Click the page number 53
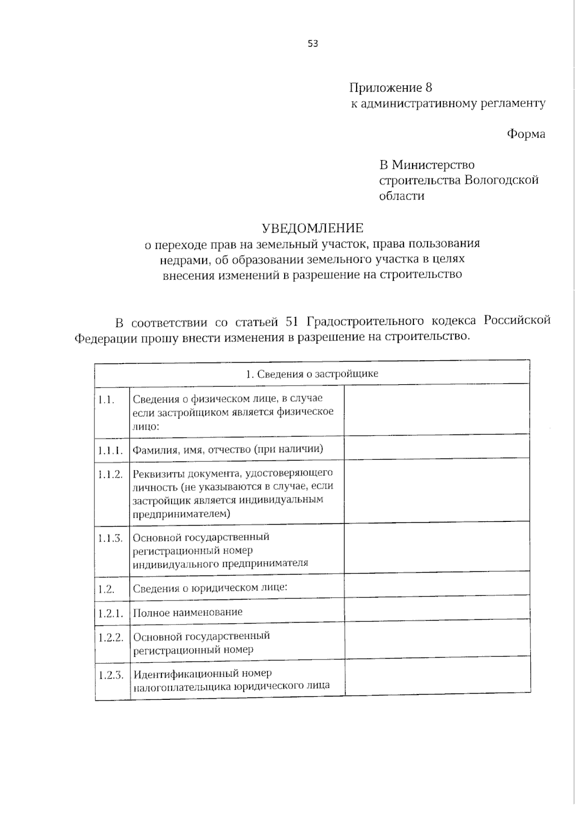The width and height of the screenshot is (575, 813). click(x=313, y=44)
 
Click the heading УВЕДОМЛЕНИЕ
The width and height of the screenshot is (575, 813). click(x=312, y=227)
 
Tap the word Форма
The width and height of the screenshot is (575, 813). click(x=526, y=134)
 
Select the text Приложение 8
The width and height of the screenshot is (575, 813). click(x=391, y=88)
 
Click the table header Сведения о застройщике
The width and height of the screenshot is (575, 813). click(x=311, y=374)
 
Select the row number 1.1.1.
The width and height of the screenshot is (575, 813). click(x=111, y=450)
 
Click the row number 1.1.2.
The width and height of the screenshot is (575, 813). click(x=111, y=474)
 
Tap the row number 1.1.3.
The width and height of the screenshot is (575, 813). click(x=111, y=538)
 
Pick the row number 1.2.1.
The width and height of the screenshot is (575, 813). click(x=111, y=613)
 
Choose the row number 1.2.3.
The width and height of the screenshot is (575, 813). click(x=111, y=675)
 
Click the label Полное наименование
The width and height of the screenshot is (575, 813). click(x=187, y=612)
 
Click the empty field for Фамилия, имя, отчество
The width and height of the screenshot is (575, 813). click(x=436, y=449)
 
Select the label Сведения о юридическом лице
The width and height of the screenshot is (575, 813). click(x=210, y=588)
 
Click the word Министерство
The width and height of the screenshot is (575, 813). click(x=433, y=165)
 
